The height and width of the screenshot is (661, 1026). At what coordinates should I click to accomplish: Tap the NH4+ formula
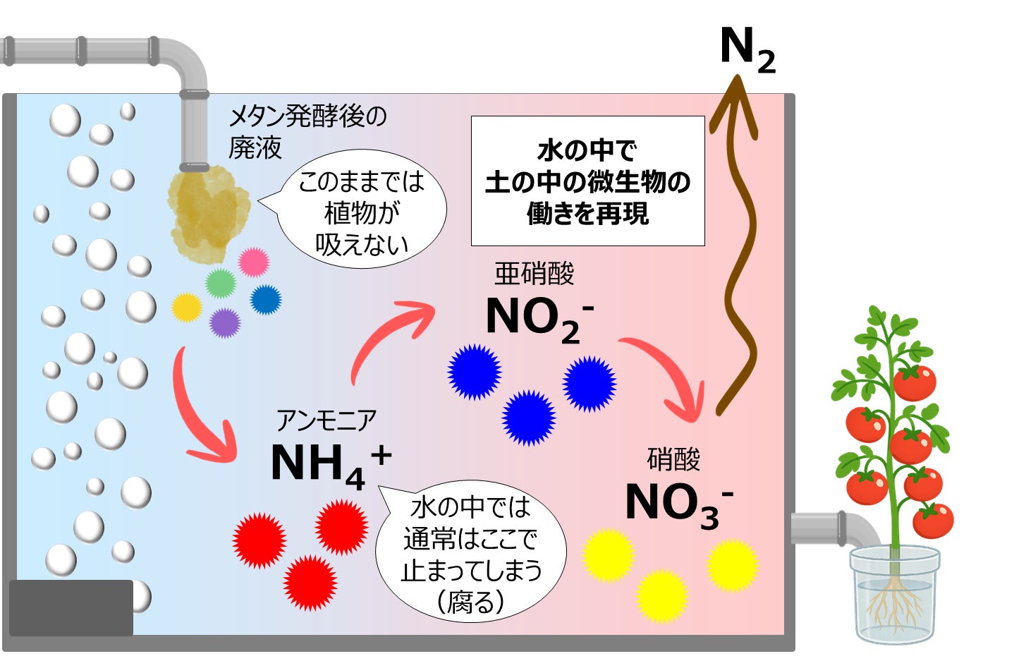click(329, 464)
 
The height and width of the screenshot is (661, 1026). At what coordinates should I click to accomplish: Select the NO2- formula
click(539, 318)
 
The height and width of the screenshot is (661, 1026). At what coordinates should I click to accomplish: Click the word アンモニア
click(326, 421)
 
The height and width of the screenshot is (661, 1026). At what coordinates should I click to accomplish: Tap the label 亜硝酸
click(535, 274)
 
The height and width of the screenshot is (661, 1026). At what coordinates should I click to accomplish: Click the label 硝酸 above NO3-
click(673, 460)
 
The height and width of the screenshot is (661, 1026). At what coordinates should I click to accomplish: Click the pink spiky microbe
click(254, 262)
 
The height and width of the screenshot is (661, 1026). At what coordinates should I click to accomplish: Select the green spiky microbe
click(221, 284)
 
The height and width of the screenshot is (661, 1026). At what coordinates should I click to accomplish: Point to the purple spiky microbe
click(225, 323)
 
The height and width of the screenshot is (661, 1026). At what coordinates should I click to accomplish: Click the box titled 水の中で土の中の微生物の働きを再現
click(587, 181)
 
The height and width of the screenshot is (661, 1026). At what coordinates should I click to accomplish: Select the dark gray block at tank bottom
click(71, 607)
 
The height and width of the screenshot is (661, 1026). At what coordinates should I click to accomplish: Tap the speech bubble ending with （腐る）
click(471, 554)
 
